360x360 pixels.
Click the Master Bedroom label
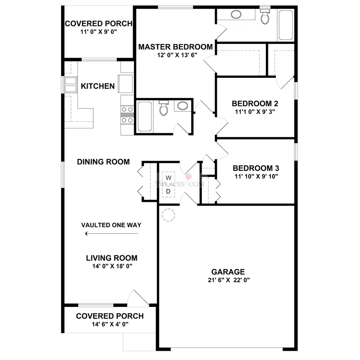(175, 47)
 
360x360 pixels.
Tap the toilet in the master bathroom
(265, 16)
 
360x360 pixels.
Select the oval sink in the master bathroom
(236, 15)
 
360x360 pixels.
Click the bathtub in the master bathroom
(285, 25)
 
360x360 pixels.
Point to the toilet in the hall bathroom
(164, 108)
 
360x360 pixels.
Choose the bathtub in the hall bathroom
(145, 117)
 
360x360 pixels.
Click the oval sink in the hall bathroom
(183, 106)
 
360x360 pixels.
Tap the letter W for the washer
(169, 178)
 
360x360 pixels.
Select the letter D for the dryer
(168, 191)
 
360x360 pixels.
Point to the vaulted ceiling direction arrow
(112, 234)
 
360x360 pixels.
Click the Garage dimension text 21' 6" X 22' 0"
(229, 280)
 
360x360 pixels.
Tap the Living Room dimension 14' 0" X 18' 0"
(112, 266)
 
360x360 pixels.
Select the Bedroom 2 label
(255, 103)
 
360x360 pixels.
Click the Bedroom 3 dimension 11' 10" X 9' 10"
(256, 176)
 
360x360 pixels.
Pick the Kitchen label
(98, 86)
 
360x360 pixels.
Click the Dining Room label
(103, 162)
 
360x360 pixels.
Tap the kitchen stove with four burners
(127, 115)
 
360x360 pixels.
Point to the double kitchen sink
(70, 85)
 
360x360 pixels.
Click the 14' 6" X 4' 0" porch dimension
(110, 324)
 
